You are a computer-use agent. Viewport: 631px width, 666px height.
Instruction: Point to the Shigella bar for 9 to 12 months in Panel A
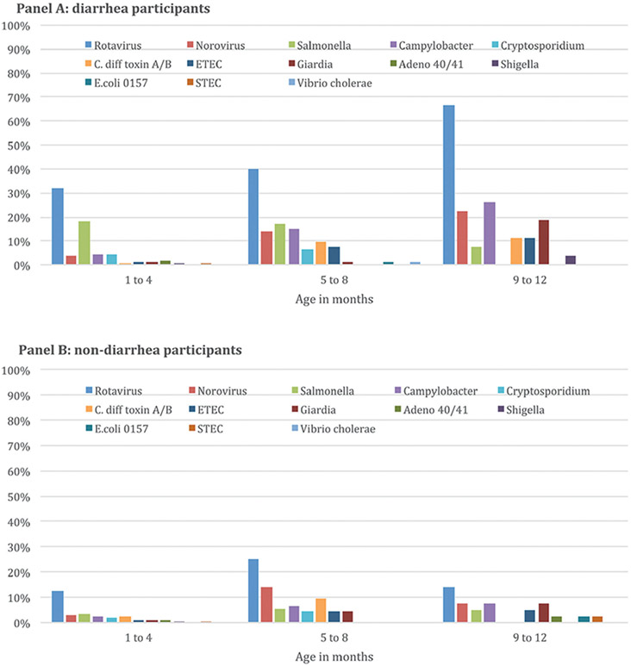click(570, 260)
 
